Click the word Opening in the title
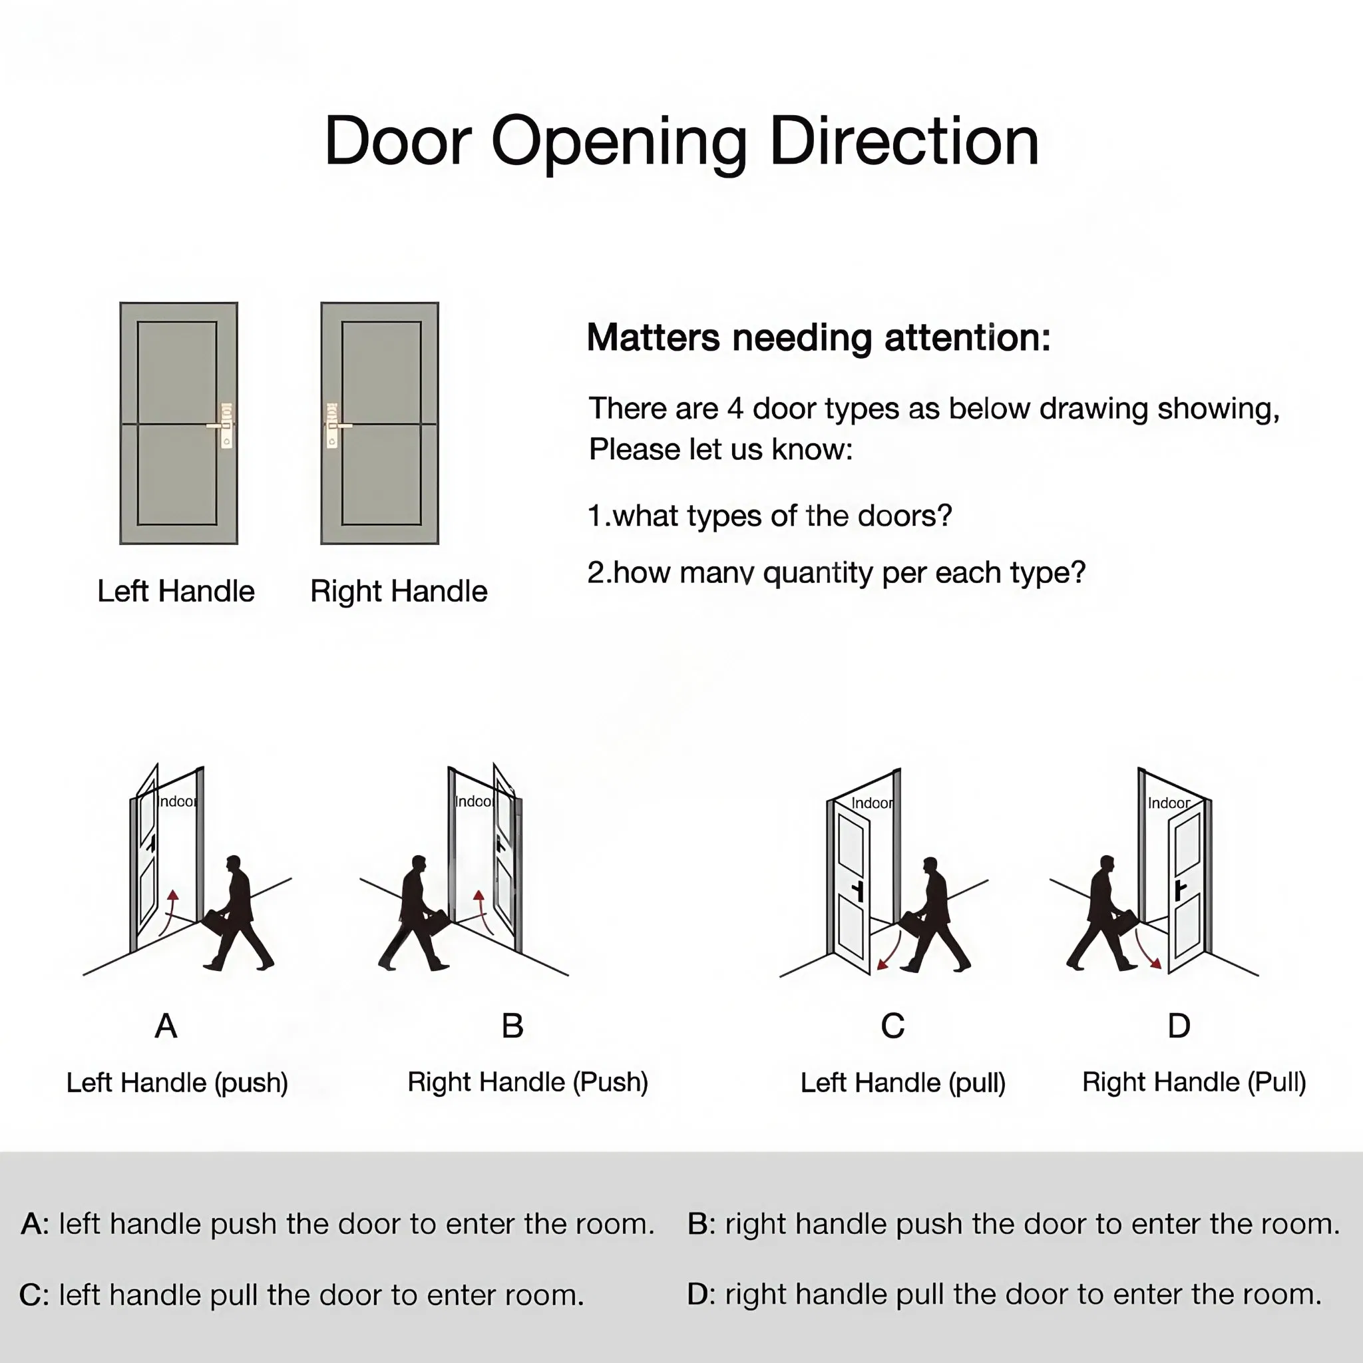coord(618,142)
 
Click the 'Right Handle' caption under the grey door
coord(399,591)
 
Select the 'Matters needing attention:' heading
coord(819,337)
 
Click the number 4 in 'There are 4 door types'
coord(735,409)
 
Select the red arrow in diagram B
coord(482,910)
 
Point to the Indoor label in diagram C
coord(872,803)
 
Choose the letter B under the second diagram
coord(512,1026)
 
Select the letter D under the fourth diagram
coord(1179,1026)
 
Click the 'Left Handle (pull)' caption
coord(902,1083)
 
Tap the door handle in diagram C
coord(858,890)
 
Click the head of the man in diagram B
coord(419,865)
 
